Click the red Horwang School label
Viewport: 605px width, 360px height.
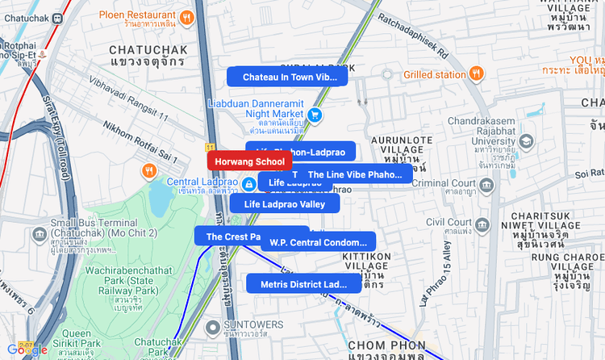(249, 161)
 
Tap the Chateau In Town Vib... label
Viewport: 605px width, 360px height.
(286, 77)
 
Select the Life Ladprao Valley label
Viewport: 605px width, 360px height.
(284, 204)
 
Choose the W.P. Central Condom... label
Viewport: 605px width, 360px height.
(318, 242)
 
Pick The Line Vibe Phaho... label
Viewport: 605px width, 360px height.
(354, 174)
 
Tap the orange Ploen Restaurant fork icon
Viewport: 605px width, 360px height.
(187, 16)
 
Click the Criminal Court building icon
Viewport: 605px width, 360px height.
(486, 185)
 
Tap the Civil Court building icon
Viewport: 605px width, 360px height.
(486, 222)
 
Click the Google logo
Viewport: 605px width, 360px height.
(27, 350)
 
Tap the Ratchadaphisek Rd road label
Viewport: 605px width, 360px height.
(412, 37)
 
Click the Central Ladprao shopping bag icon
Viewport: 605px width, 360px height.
(249, 185)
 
